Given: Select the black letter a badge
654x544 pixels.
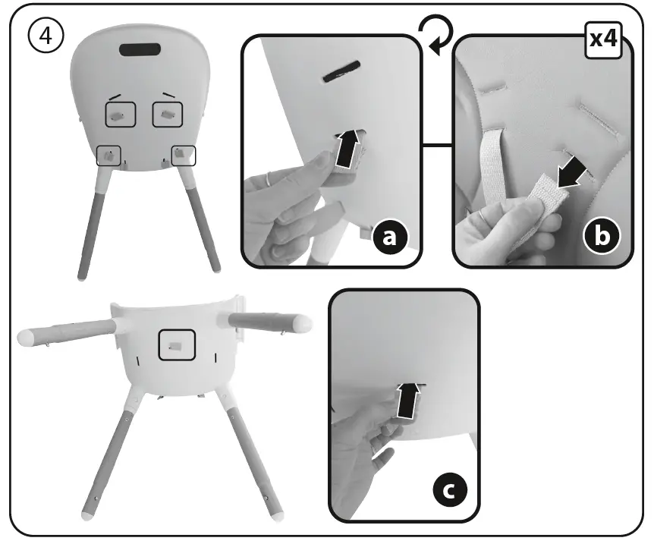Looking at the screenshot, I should (390, 237).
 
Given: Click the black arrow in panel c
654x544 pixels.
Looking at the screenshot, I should (408, 400).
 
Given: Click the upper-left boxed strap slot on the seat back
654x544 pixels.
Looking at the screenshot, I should (120, 115).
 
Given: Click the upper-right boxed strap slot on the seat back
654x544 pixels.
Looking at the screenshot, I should (168, 115).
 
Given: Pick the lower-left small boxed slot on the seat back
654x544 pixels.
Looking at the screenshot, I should (110, 155).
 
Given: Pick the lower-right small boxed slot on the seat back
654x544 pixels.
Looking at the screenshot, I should (183, 155).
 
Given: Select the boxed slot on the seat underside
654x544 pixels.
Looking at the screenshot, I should (176, 345).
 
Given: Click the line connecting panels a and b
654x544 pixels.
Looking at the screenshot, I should (437, 143).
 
